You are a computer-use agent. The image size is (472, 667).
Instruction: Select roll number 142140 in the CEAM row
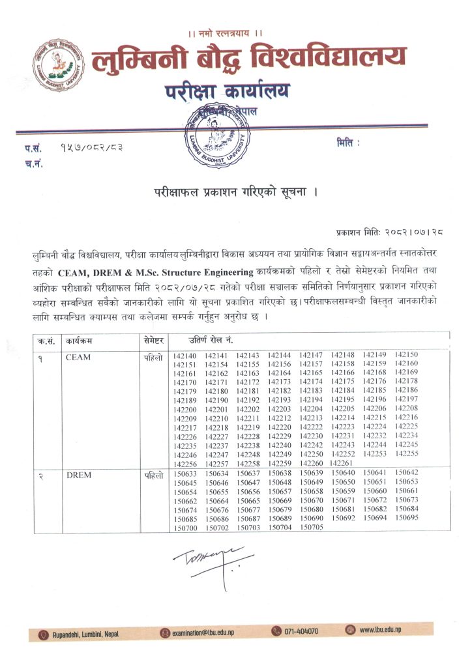[184, 355]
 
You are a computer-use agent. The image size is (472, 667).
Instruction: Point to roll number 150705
[312, 528]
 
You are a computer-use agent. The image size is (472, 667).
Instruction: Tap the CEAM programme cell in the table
[78, 357]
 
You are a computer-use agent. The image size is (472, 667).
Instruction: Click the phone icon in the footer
[276, 631]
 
